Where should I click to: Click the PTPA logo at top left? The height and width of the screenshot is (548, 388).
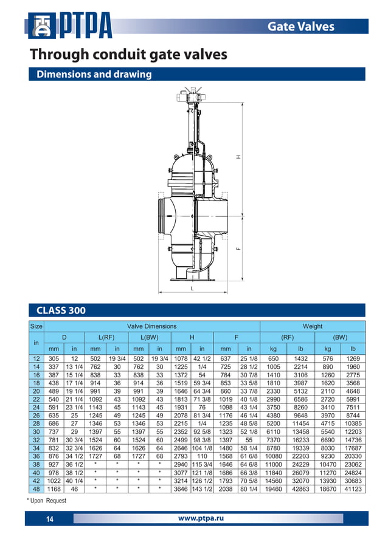[x=69, y=26]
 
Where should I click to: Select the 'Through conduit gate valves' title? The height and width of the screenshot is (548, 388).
[x=129, y=55]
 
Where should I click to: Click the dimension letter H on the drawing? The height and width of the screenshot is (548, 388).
[x=239, y=157]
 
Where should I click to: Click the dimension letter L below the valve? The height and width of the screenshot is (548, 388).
[x=193, y=289]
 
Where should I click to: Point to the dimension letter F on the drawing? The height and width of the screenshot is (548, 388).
[x=239, y=247]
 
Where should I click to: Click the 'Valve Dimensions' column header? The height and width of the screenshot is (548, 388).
[x=151, y=326]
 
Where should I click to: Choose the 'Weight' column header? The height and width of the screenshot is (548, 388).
[x=312, y=326]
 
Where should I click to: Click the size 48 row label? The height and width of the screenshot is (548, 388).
[x=36, y=488]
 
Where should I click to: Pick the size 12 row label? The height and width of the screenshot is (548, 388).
[x=36, y=358]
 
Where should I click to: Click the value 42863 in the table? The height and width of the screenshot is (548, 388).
[x=300, y=488]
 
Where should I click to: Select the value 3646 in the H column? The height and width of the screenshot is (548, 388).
[x=181, y=488]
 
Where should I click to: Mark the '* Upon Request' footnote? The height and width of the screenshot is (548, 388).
[x=47, y=501]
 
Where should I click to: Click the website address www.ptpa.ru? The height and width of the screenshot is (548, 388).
[x=201, y=518]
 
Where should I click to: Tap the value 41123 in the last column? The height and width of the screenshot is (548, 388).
[x=353, y=488]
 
